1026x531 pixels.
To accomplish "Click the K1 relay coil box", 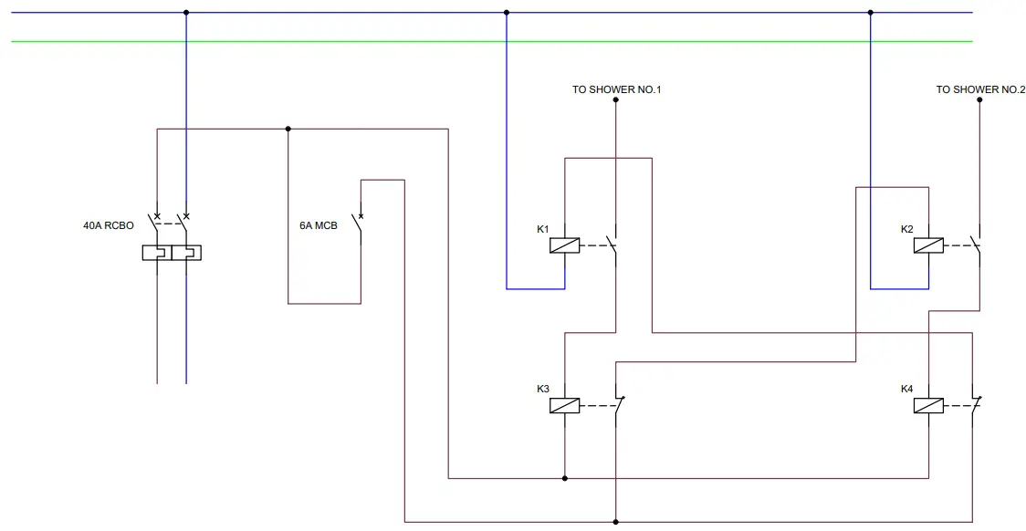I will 564,245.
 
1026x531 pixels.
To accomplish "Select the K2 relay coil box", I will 928,245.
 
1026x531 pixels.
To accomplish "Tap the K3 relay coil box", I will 564,406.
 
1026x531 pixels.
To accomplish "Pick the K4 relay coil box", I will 928,406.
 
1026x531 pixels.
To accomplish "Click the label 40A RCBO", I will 109,224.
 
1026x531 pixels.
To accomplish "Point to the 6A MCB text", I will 319,224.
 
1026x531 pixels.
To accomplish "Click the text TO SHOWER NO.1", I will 616,89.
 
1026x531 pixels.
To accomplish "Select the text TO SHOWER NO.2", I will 980,89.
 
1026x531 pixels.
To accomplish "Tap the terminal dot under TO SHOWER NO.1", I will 615,99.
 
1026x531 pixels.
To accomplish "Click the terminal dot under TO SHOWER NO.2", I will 979,99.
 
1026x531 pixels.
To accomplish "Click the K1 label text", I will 542,228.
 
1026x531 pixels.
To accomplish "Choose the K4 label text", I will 906,389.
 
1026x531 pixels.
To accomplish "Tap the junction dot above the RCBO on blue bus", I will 186,13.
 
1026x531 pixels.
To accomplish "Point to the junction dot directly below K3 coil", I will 564,477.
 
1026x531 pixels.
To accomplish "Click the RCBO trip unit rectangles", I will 172,252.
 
